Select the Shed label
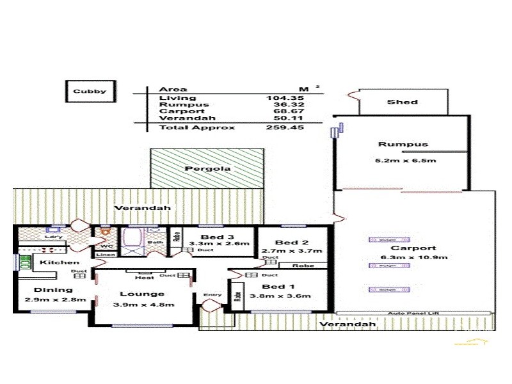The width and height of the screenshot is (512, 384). (x=403, y=102)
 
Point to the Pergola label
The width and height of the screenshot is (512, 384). (x=207, y=169)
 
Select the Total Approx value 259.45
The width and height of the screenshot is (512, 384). (x=285, y=127)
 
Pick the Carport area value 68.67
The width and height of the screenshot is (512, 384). (x=285, y=111)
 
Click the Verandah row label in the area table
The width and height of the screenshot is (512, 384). (x=178, y=118)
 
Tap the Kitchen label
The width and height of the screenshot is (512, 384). (x=60, y=262)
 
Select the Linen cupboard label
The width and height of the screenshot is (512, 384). (x=105, y=255)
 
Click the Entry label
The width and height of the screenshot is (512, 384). (x=212, y=295)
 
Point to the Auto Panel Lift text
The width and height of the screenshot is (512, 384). (x=415, y=313)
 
